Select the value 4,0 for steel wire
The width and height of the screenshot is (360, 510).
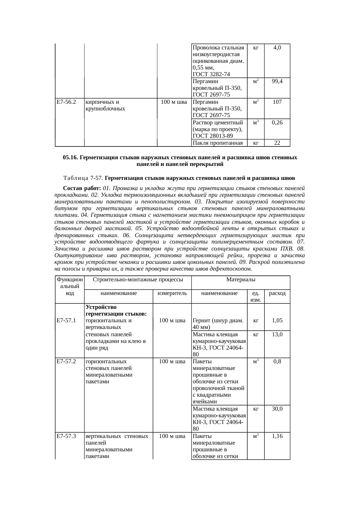[x=277, y=48]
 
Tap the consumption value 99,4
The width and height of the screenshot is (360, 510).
[x=277, y=82]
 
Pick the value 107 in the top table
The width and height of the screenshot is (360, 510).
[x=277, y=102]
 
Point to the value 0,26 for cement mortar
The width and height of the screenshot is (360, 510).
[x=277, y=123]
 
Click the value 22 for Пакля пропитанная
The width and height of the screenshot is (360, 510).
[x=277, y=143]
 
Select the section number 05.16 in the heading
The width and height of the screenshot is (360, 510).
[x=70, y=158]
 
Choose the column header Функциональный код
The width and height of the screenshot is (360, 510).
[x=70, y=286]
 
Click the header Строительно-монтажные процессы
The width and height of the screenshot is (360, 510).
[x=138, y=280]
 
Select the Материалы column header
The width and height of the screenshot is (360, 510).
[x=241, y=280]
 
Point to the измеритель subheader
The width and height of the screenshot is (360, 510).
[x=172, y=293]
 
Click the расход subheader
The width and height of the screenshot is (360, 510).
[x=277, y=293]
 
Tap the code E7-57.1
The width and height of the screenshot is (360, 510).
[x=66, y=321]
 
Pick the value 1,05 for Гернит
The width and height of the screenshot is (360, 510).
[x=277, y=321]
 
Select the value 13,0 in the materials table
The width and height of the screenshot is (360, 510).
[x=277, y=334]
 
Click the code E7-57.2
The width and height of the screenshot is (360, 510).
[x=66, y=362]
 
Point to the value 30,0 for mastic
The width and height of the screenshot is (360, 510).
[x=277, y=409]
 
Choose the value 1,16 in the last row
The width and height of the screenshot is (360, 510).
[x=277, y=436]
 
